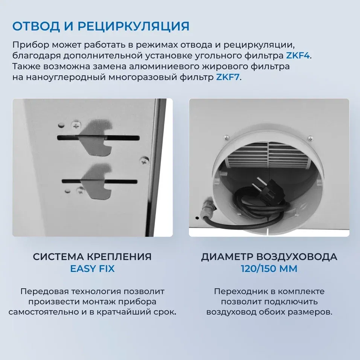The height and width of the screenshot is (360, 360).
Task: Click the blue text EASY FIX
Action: (92, 269)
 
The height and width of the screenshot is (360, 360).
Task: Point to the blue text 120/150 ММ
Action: (269, 269)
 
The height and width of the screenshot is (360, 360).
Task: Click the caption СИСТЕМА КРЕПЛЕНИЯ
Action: (92, 257)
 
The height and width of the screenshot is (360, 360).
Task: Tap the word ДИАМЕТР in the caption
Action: (227, 257)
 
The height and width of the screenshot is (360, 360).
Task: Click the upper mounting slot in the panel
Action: (98, 137)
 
